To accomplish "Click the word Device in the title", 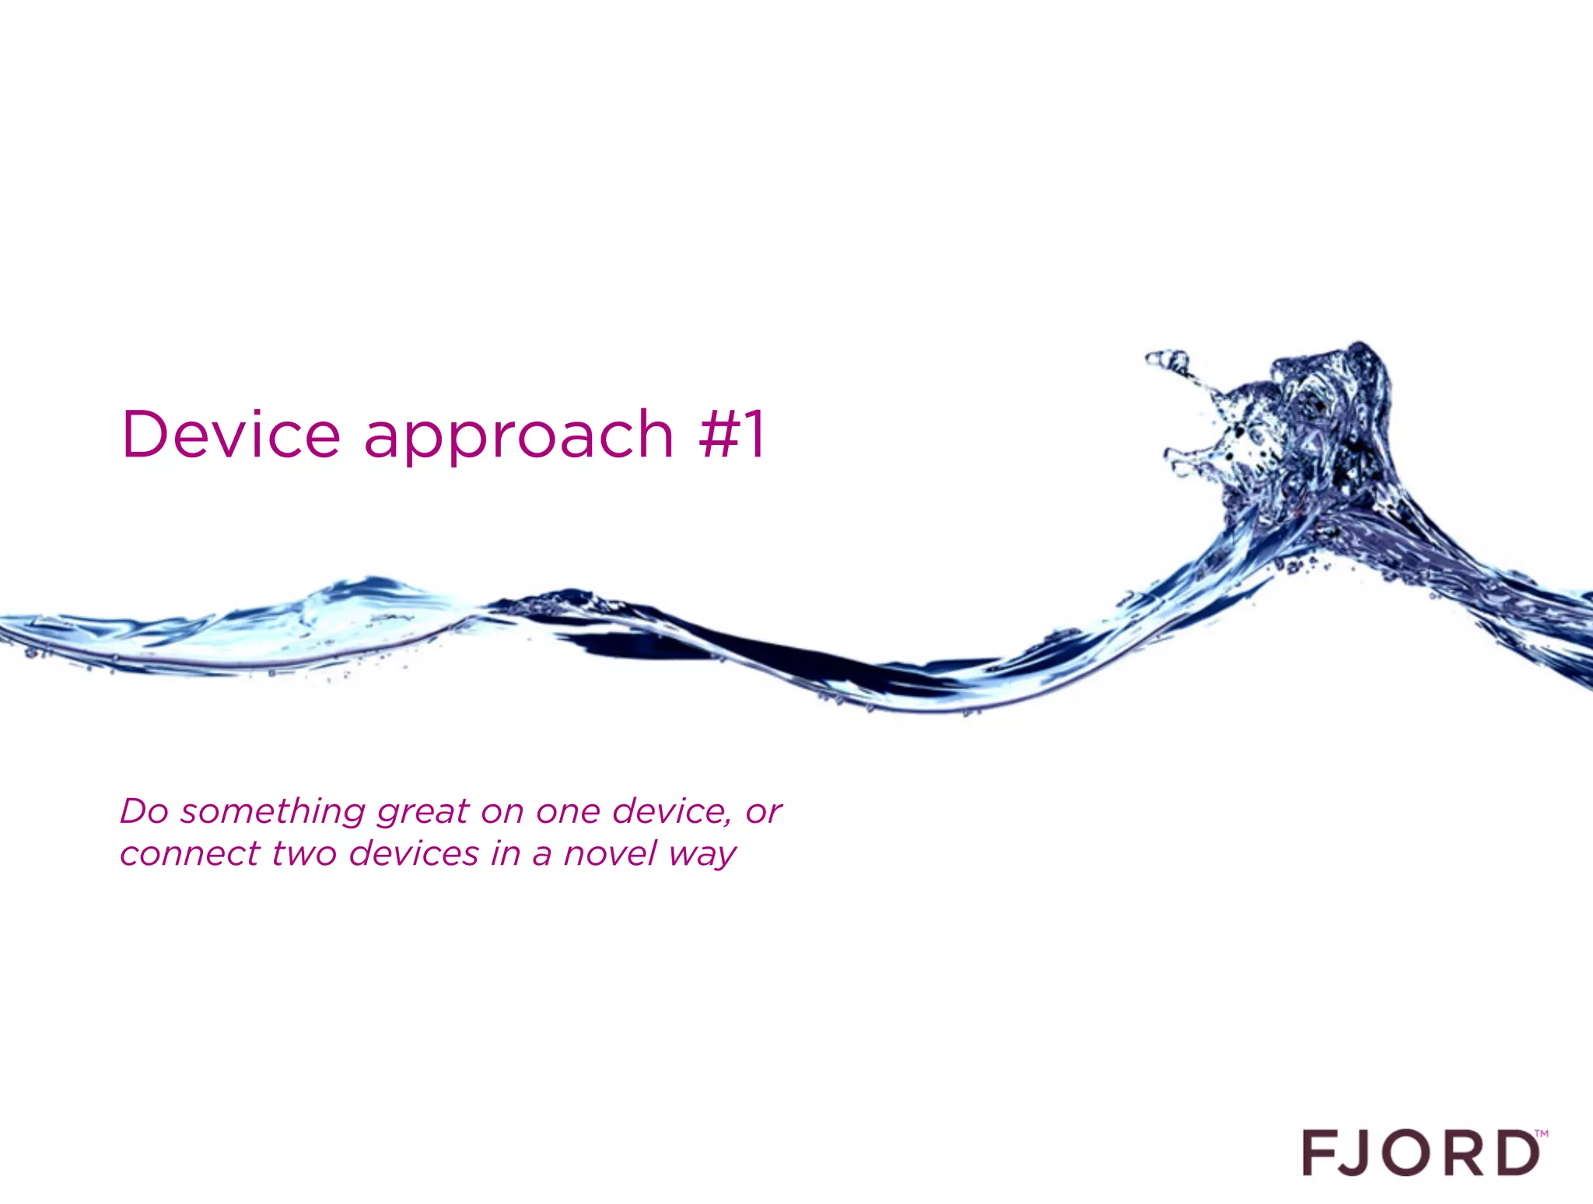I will [x=231, y=434].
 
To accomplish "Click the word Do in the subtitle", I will [x=145, y=811].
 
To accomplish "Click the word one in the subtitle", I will [x=568, y=812].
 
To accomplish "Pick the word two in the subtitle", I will [x=304, y=854].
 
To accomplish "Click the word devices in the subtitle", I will [x=414, y=854].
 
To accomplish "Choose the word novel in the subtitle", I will [x=611, y=854].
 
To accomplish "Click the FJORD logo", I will [x=1421, y=1153].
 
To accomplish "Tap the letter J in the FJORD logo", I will [x=1365, y=1153].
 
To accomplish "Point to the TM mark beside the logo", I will [x=1541, y=1134].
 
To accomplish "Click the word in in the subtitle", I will [x=506, y=853].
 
